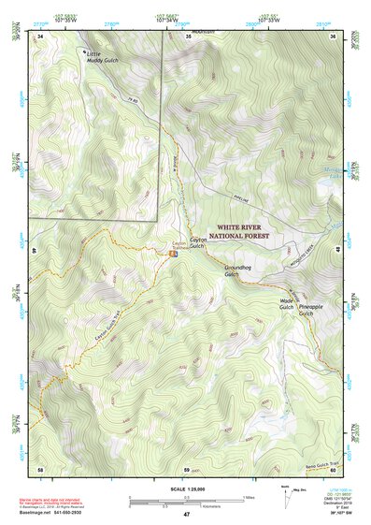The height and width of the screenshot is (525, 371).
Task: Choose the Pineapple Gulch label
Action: tap(311, 310)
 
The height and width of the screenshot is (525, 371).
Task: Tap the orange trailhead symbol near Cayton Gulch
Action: tap(174, 251)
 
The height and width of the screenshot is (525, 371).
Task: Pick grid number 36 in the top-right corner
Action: tap(334, 36)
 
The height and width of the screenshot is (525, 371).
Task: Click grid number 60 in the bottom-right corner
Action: tap(334, 468)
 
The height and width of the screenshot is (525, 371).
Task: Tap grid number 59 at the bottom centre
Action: tap(187, 468)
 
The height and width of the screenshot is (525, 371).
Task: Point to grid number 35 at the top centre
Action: tap(188, 36)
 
